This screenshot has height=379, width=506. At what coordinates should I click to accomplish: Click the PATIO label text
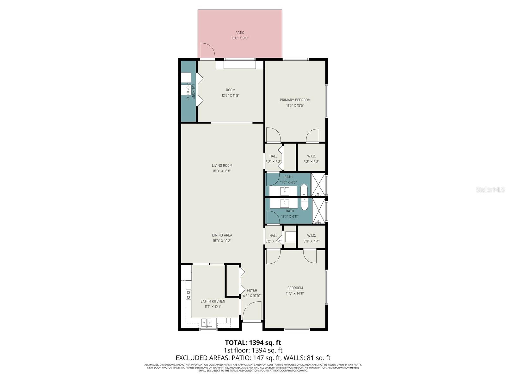pos(240,33)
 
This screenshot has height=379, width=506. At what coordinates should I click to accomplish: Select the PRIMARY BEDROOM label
pos(295,100)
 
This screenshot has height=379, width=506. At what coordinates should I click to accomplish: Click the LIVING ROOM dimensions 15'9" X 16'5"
pos(222,171)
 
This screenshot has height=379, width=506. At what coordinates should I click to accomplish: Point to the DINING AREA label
pos(222,235)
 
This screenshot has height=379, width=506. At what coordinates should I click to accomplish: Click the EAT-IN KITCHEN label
pos(213,301)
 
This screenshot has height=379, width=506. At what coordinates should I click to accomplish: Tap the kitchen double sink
pos(207,323)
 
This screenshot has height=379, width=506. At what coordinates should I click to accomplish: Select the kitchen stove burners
pos(188,295)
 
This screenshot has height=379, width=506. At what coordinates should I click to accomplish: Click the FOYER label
pos(252,290)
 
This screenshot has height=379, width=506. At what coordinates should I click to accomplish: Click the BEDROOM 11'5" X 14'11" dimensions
pos(295,293)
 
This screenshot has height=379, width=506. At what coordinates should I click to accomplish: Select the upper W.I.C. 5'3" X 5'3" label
pos(312,159)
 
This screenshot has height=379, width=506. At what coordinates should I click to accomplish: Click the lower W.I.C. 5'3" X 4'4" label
pos(312,238)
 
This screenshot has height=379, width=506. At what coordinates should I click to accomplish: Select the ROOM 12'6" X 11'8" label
pos(231,93)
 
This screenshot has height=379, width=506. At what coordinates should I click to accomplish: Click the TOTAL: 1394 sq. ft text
pos(253,342)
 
